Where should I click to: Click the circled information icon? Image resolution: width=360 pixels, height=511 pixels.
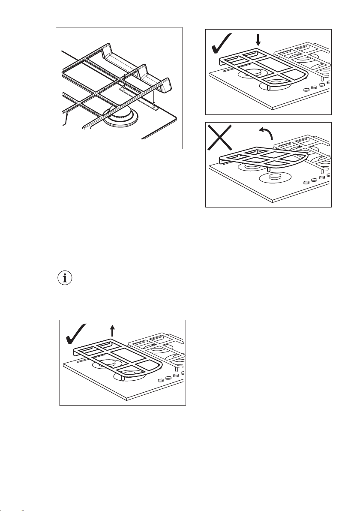click(65, 278)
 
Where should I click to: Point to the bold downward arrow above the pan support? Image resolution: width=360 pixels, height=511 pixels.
click(258, 40)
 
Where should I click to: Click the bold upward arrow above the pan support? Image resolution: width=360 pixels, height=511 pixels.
click(112, 330)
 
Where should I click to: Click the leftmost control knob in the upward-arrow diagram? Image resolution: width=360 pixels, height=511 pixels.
click(160, 380)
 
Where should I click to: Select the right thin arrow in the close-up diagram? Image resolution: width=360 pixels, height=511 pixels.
click(153, 98)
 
